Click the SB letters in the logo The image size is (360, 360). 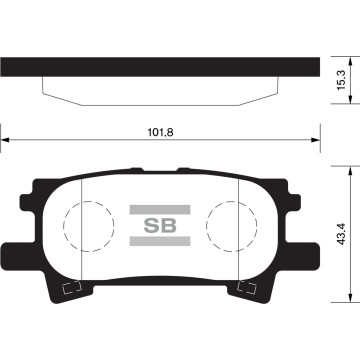coord(159,226)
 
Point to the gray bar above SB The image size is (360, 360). coord(159,208)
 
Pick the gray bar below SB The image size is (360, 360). coord(159,243)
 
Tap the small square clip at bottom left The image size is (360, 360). coord(70,291)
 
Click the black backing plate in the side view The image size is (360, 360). coord(160,63)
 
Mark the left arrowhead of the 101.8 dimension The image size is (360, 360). coord(5,141)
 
